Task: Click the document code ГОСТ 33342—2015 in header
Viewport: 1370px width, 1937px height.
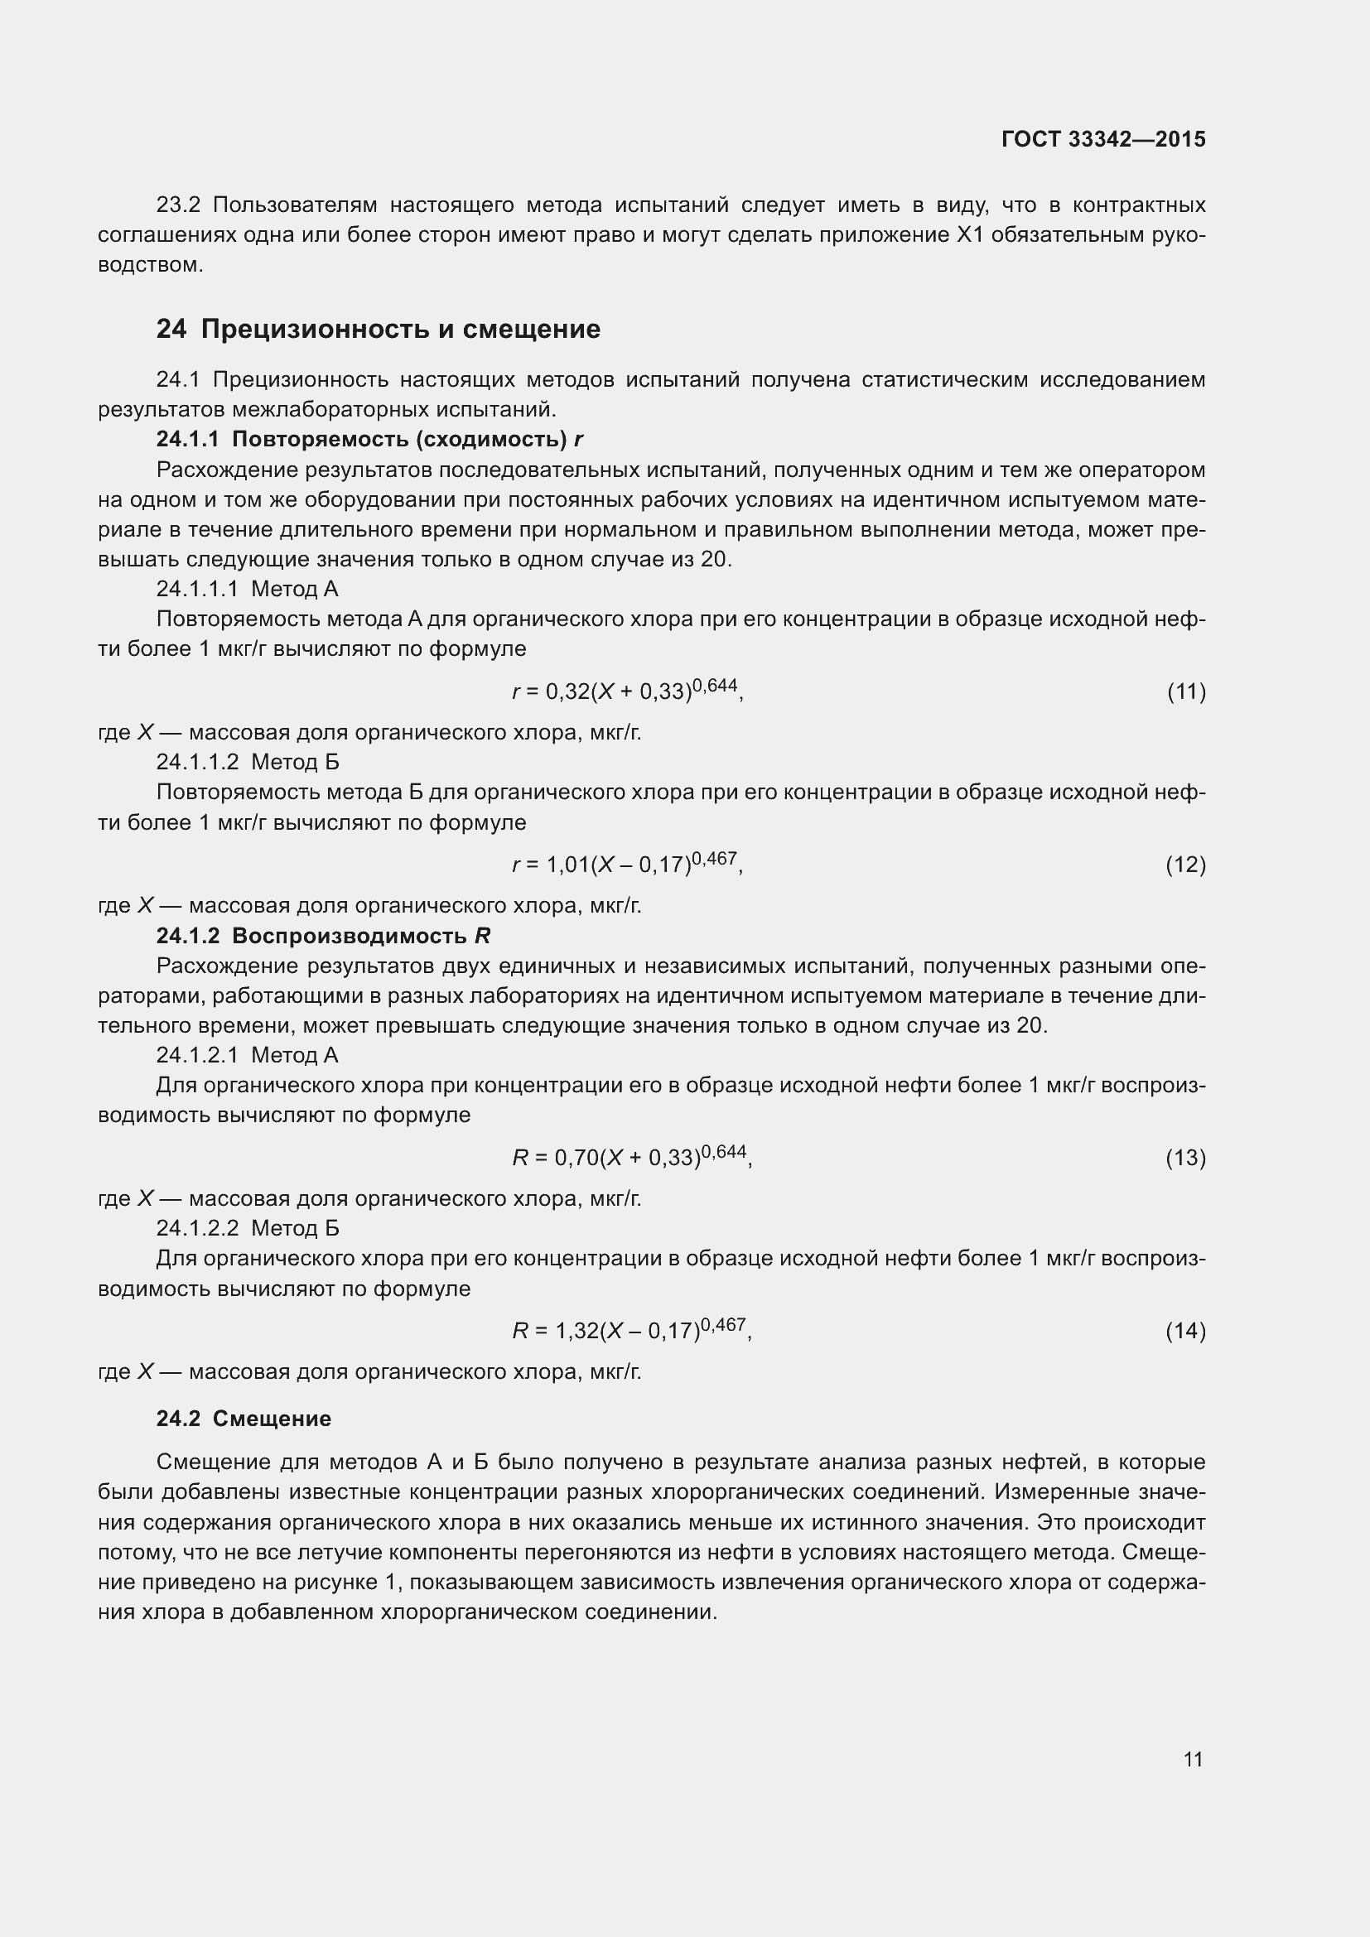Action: pyautogui.click(x=1103, y=139)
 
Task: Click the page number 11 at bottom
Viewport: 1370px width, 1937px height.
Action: pyautogui.click(x=1193, y=1759)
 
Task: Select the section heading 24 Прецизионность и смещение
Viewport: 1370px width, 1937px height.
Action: pyautogui.click(x=378, y=329)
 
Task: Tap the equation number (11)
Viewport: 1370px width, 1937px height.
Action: pyautogui.click(x=1186, y=691)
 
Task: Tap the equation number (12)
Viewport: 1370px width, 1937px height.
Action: pyautogui.click(x=1185, y=865)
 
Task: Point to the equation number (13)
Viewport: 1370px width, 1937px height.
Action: pyautogui.click(x=1185, y=1158)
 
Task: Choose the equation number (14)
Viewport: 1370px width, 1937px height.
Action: pyautogui.click(x=1185, y=1331)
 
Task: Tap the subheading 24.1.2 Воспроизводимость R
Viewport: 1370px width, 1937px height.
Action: pyautogui.click(x=323, y=936)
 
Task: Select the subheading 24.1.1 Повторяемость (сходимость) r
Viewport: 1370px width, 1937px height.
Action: pyautogui.click(x=369, y=440)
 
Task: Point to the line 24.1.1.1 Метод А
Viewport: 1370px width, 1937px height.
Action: pyautogui.click(x=247, y=589)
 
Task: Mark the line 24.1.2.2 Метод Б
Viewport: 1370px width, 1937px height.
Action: pyautogui.click(x=247, y=1227)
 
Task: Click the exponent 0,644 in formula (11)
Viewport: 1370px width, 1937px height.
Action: pyautogui.click(x=715, y=685)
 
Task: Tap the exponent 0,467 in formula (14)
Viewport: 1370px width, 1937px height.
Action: pyautogui.click(x=723, y=1323)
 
